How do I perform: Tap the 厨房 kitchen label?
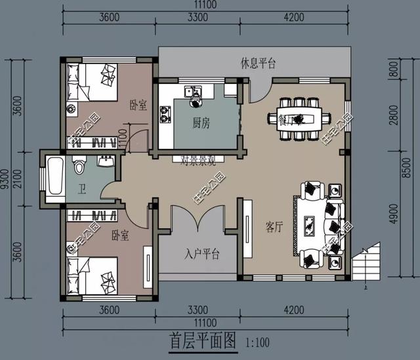pos(201,122)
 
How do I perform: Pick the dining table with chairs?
pos(299,119)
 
